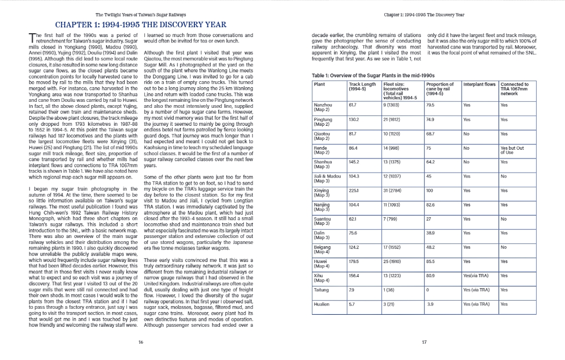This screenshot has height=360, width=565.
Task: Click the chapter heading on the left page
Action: (141, 25)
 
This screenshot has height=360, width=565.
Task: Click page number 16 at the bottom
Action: (141, 342)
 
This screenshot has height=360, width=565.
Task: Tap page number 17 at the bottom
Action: (424, 342)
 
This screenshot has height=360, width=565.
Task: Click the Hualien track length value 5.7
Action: (352, 303)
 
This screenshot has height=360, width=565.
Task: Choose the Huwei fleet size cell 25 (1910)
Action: (394, 261)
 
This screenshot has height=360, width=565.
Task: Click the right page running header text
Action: (424, 14)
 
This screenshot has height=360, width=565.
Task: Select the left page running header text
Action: (141, 14)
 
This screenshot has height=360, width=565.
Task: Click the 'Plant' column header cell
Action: (320, 84)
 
